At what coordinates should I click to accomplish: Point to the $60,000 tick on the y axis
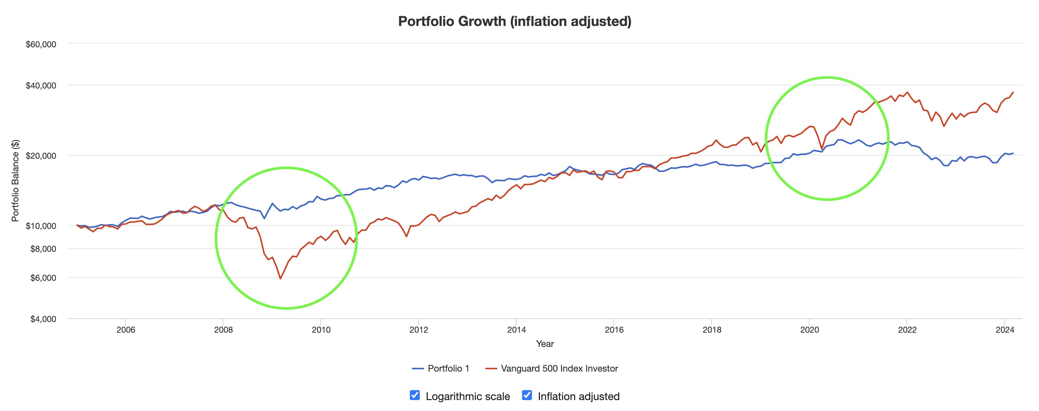pyautogui.click(x=41, y=44)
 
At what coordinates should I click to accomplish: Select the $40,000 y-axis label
pyautogui.click(x=41, y=85)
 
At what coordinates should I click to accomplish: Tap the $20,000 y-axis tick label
pyautogui.click(x=41, y=156)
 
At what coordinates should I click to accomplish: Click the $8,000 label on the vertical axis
pyautogui.click(x=43, y=249)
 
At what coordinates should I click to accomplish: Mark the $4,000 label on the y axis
pyautogui.click(x=43, y=319)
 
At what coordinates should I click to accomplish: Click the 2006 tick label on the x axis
pyautogui.click(x=125, y=330)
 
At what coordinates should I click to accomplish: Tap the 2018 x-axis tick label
pyautogui.click(x=712, y=330)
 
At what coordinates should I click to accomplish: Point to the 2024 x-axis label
pyautogui.click(x=1005, y=330)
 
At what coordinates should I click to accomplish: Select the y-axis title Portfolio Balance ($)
pyautogui.click(x=15, y=181)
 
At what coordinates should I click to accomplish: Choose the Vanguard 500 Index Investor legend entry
pyautogui.click(x=552, y=369)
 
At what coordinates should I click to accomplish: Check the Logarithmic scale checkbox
pyautogui.click(x=415, y=395)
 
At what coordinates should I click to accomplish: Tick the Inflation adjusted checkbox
pyautogui.click(x=527, y=395)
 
